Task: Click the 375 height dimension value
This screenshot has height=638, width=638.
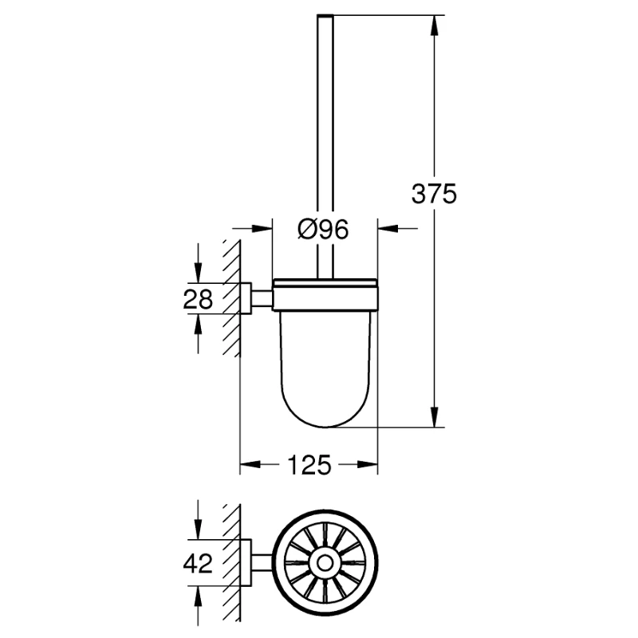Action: (434, 194)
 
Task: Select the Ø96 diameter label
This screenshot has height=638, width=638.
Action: (324, 230)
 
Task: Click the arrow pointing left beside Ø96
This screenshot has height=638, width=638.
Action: (388, 230)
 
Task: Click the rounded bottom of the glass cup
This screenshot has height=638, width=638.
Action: (325, 415)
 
